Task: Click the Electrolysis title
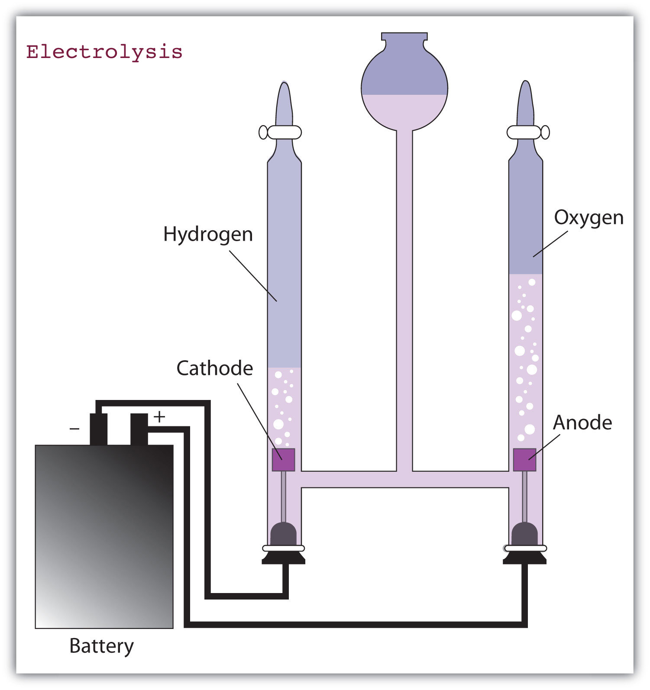(x=104, y=52)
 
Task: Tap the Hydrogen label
(x=208, y=235)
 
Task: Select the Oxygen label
(x=589, y=218)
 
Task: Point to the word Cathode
(x=214, y=368)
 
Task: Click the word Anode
(x=582, y=422)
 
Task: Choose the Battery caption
(x=101, y=646)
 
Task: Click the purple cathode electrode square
(x=283, y=460)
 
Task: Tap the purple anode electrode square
(x=524, y=460)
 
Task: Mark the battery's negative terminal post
(x=98, y=429)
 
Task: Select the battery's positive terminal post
(x=139, y=429)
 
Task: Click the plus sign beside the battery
(x=159, y=417)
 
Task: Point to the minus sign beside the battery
(x=74, y=429)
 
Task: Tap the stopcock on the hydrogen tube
(x=280, y=132)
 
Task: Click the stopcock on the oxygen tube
(x=528, y=132)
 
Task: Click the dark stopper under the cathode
(x=283, y=535)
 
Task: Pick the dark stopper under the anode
(x=524, y=535)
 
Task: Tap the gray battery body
(x=104, y=537)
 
